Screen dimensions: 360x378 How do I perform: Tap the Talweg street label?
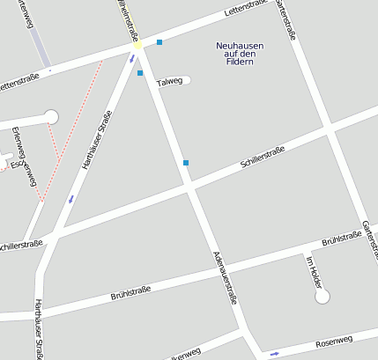pos(169,82)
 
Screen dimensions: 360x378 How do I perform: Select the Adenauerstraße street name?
pos(226,277)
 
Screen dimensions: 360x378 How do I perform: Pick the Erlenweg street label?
pos(24,157)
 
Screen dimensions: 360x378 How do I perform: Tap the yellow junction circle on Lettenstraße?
pos(138,44)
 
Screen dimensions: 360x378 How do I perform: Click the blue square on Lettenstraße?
pos(159,41)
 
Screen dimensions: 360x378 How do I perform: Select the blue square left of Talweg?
pos(140,73)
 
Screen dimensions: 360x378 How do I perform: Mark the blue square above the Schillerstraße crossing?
pos(185,162)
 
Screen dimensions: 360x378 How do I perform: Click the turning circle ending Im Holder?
pos(322,297)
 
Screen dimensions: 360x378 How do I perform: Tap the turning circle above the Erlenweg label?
pos(50,116)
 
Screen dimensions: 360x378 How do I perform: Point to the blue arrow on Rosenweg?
pos(274,354)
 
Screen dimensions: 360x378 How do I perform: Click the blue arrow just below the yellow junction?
pos(132,59)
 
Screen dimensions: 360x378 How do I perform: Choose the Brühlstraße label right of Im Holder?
pos(343,238)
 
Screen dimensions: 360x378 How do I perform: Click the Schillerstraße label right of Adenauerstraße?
pos(263,160)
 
